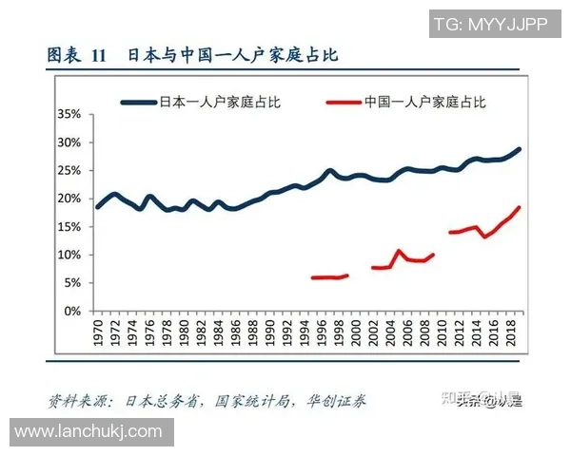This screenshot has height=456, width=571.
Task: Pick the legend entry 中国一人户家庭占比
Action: tap(424, 100)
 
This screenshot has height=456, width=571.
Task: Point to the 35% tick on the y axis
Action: tap(68, 114)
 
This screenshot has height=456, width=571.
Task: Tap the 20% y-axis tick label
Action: tap(68, 199)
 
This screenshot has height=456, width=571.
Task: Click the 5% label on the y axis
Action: tap(71, 283)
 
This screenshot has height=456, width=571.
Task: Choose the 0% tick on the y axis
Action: tap(71, 312)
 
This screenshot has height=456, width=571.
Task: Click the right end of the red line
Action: tap(520, 207)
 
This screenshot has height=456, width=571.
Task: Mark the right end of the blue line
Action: tap(520, 149)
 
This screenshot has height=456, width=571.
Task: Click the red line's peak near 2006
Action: tap(399, 251)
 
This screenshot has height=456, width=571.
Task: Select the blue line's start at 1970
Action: tap(97, 206)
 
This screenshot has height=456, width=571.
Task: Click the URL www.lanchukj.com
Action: tap(89, 432)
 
